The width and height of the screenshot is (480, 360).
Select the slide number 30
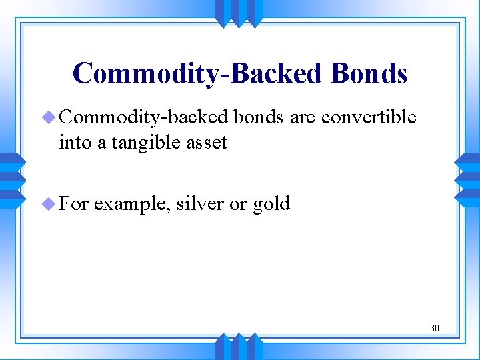435,327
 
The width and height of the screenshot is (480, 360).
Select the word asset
206,142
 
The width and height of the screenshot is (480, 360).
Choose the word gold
271,204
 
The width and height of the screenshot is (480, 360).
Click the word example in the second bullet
131,204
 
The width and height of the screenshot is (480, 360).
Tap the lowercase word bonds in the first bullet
259,118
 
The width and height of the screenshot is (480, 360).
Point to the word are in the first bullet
303,118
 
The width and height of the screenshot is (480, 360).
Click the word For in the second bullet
73,203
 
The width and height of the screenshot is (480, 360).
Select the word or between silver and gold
238,204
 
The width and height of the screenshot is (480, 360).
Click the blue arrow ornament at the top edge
239,12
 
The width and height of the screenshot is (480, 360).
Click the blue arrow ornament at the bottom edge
239,347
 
